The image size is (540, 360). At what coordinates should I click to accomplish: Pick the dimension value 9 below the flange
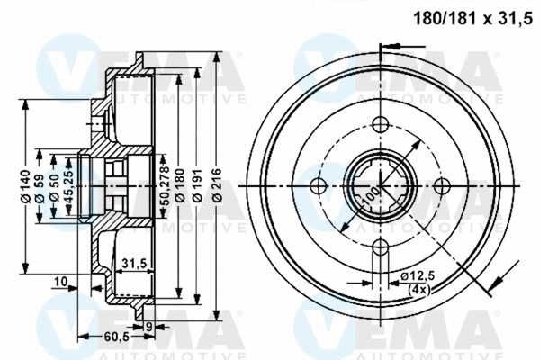[149, 327]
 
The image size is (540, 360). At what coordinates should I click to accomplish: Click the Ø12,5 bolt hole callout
[418, 275]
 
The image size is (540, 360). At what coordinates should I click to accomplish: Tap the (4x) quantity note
[418, 290]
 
